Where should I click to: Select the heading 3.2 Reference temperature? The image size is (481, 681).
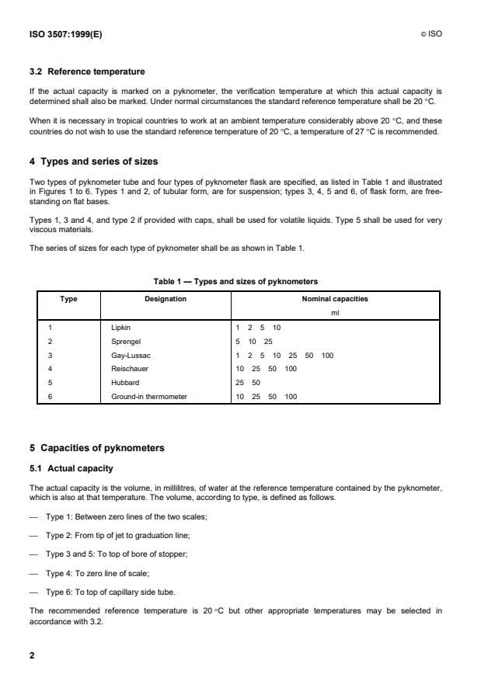(86, 71)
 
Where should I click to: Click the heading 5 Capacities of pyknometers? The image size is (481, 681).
(97, 447)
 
